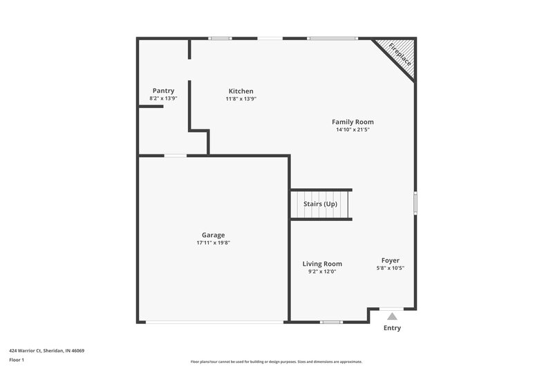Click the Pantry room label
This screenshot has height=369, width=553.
tap(163, 91)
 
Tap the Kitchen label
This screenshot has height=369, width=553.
tap(241, 91)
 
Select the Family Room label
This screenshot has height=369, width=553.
tap(353, 122)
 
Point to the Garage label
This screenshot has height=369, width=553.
tap(213, 235)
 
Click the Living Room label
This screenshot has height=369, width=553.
tap(322, 264)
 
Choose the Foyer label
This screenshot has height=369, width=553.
tap(391, 260)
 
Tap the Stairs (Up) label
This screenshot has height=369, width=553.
tap(320, 204)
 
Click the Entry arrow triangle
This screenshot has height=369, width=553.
tap(392, 316)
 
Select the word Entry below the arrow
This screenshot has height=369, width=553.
tap(392, 328)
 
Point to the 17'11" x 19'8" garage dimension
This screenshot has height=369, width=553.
tap(213, 243)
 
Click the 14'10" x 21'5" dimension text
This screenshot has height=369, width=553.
tap(353, 129)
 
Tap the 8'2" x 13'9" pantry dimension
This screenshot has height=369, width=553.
tap(163, 98)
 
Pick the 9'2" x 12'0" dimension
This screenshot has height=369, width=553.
tap(322, 271)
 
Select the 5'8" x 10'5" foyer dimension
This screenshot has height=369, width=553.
tap(391, 268)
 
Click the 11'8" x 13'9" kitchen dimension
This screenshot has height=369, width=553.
tap(241, 98)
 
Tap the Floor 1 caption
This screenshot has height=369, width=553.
tap(17, 360)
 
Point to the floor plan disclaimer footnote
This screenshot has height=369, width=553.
tap(276, 361)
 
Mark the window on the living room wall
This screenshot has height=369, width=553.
tap(332, 322)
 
